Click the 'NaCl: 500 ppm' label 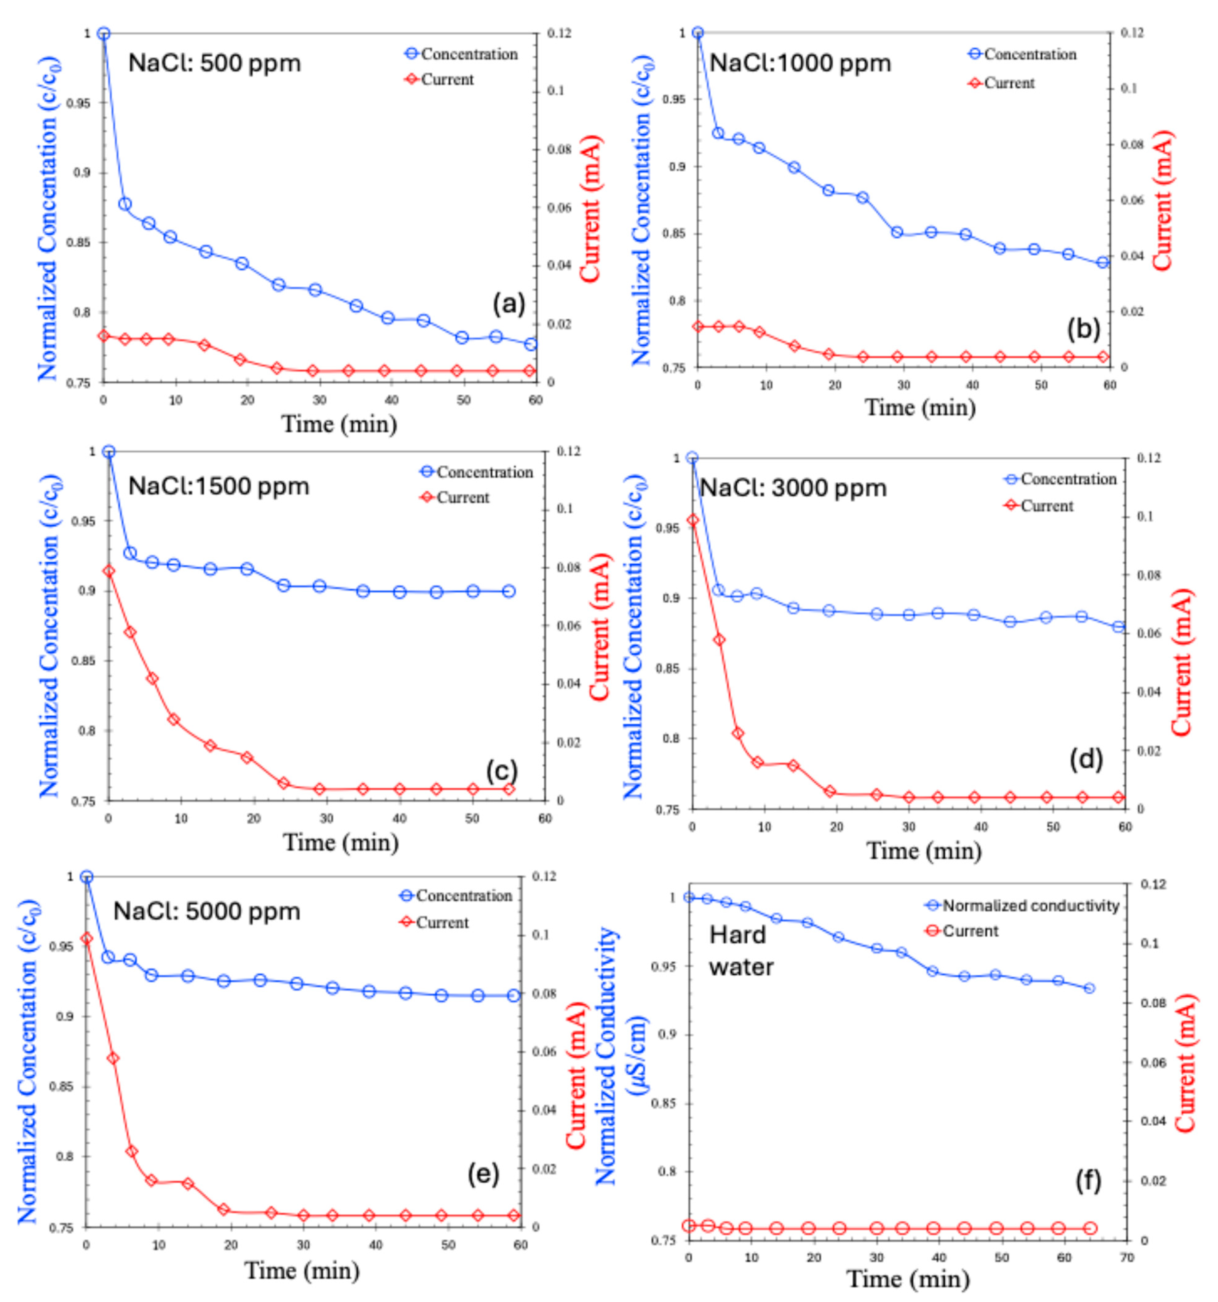[214, 64]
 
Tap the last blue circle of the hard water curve [1090, 988]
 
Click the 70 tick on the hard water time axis [1126, 1257]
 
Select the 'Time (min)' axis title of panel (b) [920, 407]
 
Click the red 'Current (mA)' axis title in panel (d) [1182, 662]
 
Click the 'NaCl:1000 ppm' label [800, 64]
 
